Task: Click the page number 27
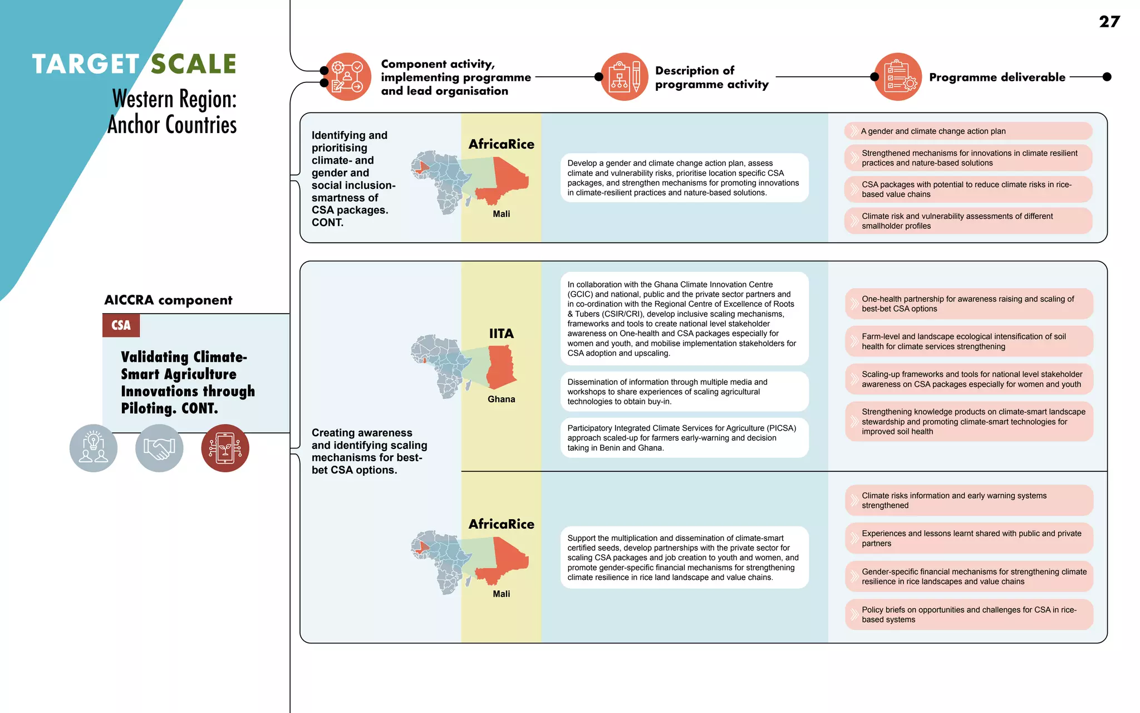tap(1109, 22)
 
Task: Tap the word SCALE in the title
tap(194, 64)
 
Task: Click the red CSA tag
tap(121, 325)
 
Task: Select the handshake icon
tap(159, 448)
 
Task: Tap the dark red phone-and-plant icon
tap(225, 448)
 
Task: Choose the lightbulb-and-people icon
tap(94, 448)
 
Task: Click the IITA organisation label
tap(501, 334)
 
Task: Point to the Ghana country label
tap(501, 399)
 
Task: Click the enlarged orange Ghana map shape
tap(500, 367)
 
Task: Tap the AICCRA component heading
tap(168, 300)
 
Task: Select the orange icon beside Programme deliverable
tap(898, 77)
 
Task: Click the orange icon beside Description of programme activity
tap(625, 77)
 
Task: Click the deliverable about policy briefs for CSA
tap(969, 614)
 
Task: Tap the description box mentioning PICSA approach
tap(684, 438)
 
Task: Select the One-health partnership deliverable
tap(969, 304)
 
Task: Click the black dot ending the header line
tap(1107, 77)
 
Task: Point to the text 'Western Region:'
tap(174, 99)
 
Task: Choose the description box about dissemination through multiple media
tap(684, 392)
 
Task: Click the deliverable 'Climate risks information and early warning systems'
tap(969, 500)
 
